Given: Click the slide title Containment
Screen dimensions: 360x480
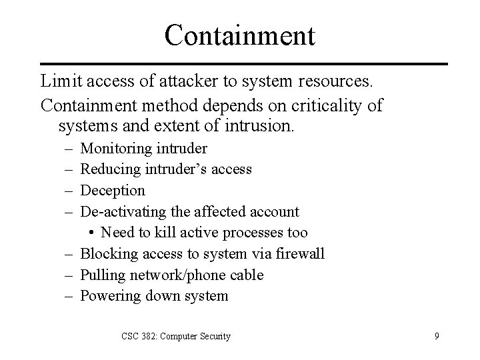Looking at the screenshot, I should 240,35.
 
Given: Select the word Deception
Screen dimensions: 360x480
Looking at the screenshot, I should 113,191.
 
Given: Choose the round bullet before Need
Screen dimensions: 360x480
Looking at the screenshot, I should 91,233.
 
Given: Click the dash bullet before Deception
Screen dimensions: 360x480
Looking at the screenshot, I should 67,191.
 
